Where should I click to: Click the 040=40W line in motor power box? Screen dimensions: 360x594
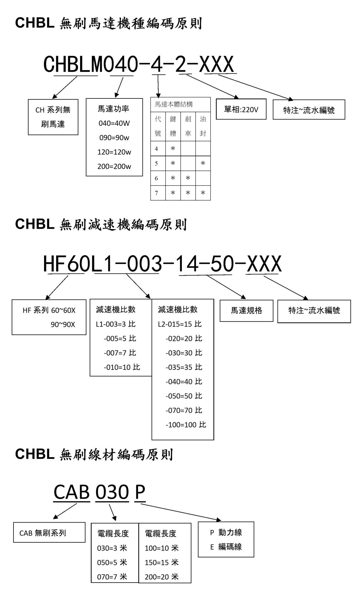tap(114, 123)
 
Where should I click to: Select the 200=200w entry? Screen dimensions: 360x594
tap(114, 167)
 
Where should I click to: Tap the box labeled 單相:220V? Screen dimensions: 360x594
tap(241, 109)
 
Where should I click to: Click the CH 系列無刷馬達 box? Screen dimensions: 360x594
tap(53, 117)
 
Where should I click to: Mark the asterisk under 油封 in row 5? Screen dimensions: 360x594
tap(203, 164)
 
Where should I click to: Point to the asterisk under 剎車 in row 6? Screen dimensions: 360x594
tap(188, 178)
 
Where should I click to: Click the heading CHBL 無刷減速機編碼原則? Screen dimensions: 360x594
tap(101, 225)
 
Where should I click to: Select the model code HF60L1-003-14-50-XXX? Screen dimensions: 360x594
tap(162, 264)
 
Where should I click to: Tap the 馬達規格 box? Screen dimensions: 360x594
tap(247, 311)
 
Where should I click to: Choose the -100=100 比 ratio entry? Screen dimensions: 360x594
tap(186, 425)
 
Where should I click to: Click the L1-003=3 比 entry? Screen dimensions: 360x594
tap(116, 324)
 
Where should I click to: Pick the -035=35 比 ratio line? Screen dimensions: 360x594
tap(184, 367)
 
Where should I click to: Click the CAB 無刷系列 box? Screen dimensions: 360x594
tap(49, 532)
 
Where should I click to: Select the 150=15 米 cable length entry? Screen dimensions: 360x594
tap(162, 562)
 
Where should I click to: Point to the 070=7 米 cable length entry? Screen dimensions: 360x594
tap(112, 577)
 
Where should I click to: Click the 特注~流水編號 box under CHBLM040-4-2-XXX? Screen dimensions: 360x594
tap(309, 110)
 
